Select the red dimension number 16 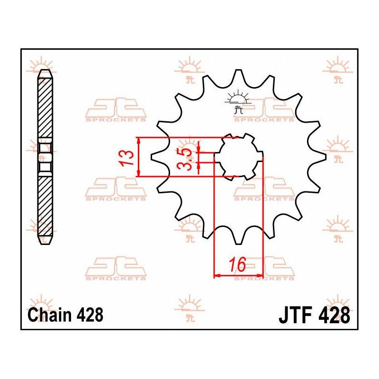point(237,264)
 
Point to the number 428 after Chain point(90,315)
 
